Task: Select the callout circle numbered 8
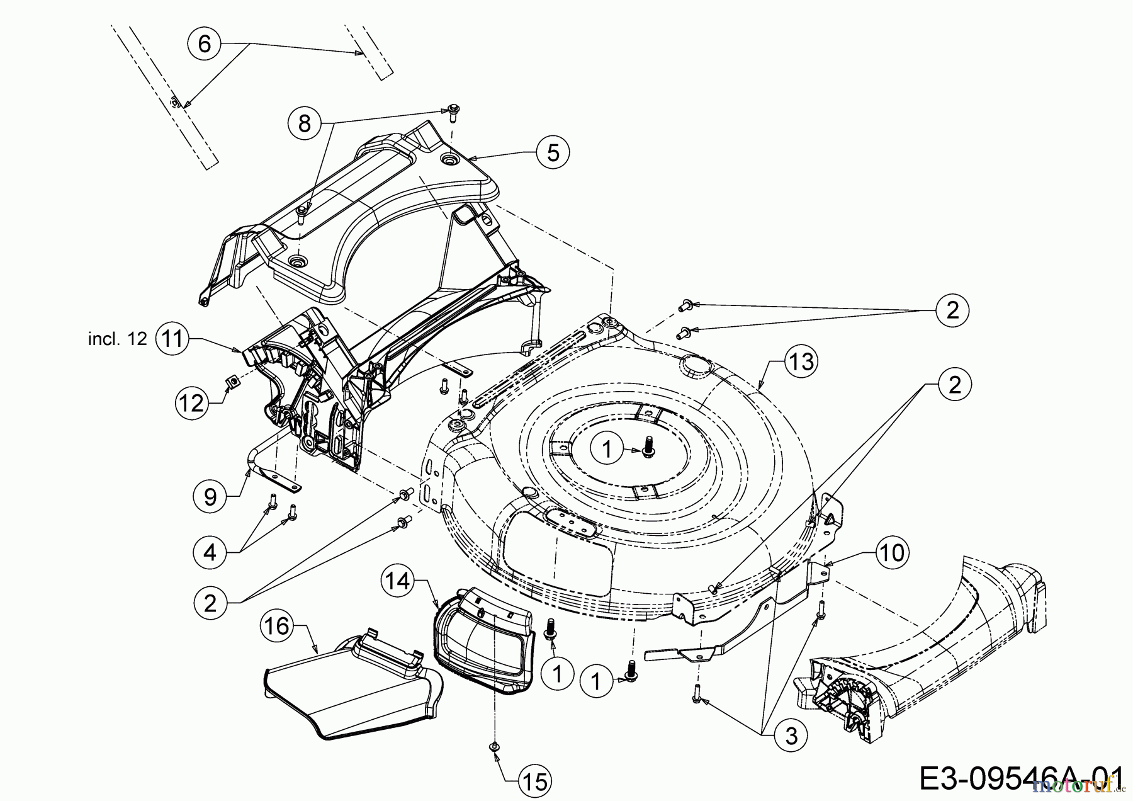point(305,123)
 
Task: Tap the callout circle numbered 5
point(553,152)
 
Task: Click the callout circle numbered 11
point(172,339)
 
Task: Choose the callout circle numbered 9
point(210,496)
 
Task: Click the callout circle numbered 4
point(210,552)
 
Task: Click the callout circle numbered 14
point(398,581)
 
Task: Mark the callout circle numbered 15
point(535,781)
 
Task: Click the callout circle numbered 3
point(791,735)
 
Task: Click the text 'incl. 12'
point(118,339)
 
